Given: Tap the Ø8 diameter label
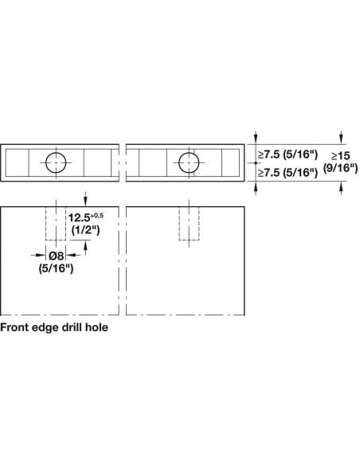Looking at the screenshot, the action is coord(56,256).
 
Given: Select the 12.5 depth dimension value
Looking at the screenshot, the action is coord(79,218).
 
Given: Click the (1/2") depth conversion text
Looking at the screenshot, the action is coord(86,230).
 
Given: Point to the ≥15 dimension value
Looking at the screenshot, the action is coord(340,156).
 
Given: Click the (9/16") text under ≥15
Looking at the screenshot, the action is coord(340,168).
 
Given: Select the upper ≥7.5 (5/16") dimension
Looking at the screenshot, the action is coord(288,154).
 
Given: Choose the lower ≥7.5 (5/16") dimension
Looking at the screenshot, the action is coord(288,172).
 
